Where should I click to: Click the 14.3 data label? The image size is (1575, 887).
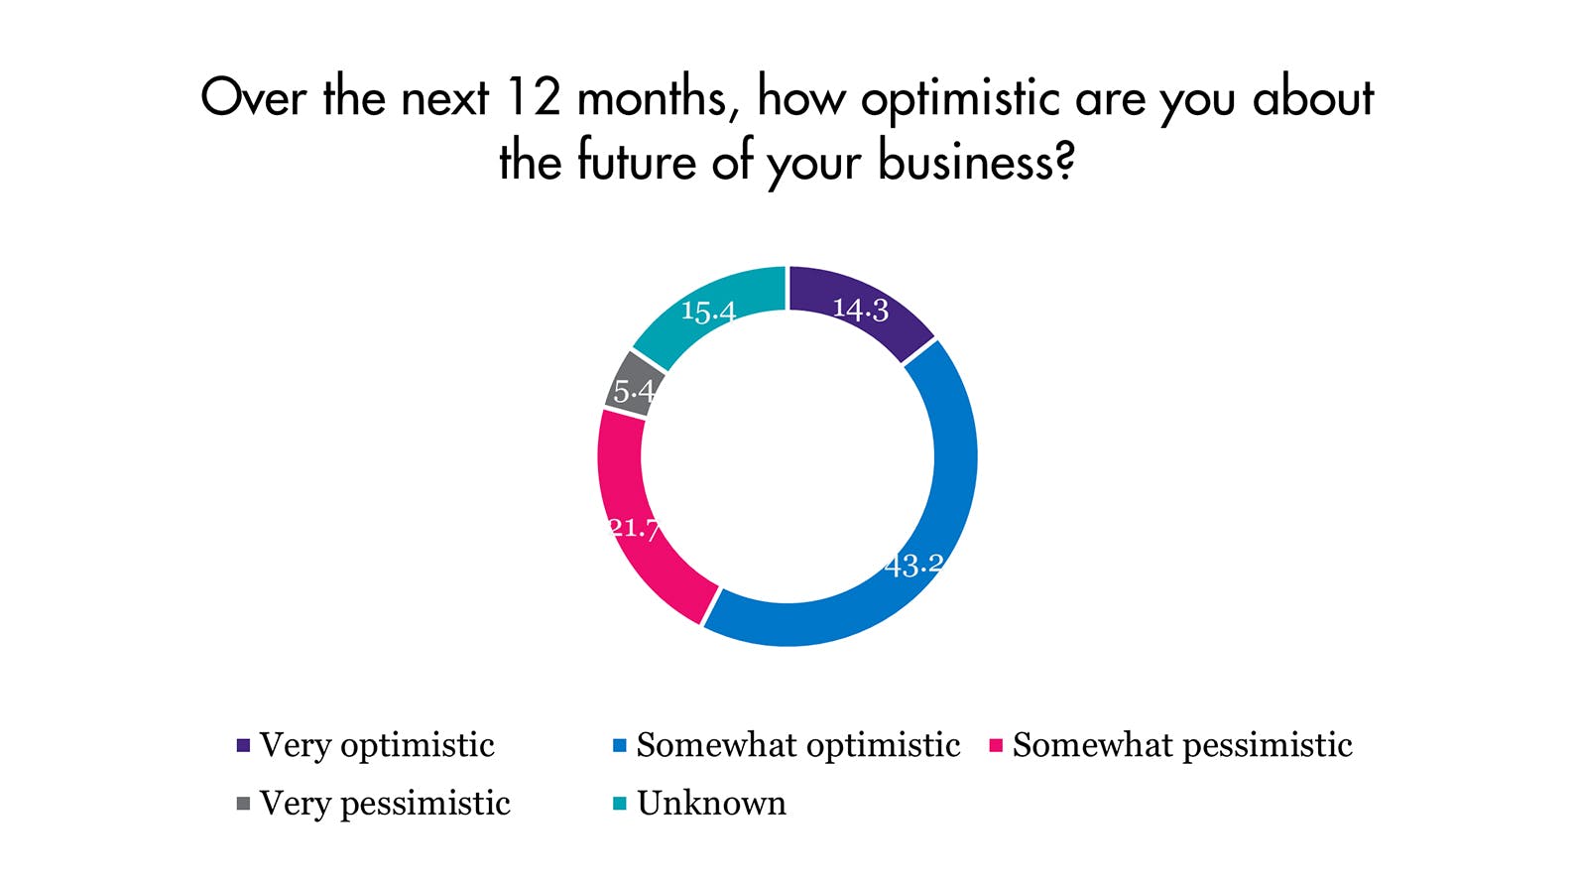861,310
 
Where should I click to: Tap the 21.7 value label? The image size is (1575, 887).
634,528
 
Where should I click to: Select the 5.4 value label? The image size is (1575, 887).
634,391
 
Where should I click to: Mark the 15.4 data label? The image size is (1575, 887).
708,312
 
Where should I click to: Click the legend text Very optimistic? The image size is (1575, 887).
377,746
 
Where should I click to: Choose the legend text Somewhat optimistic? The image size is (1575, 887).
798,746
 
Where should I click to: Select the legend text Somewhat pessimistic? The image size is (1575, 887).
1182,746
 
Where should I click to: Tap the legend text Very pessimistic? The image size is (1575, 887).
385,805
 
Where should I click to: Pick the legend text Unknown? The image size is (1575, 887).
711,804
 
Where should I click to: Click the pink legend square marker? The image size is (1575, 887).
996,745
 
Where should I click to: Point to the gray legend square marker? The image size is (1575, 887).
243,804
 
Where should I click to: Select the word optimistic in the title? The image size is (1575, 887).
960,100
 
